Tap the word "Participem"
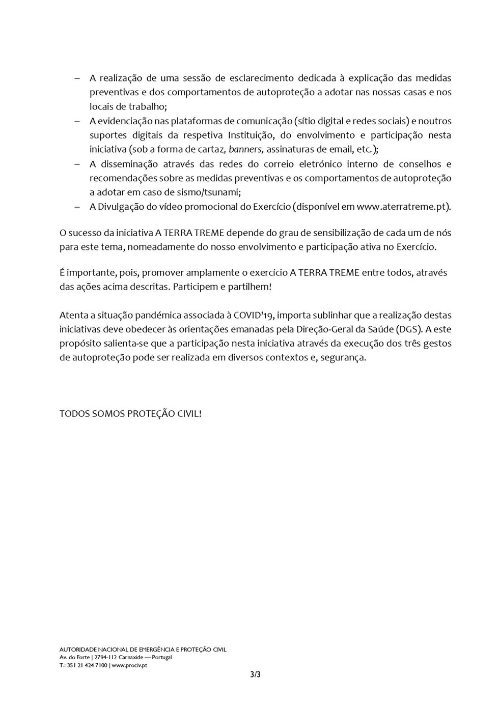(194, 287)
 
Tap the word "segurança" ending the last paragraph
(346, 357)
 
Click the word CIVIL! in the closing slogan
(189, 413)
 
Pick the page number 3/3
(255, 675)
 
